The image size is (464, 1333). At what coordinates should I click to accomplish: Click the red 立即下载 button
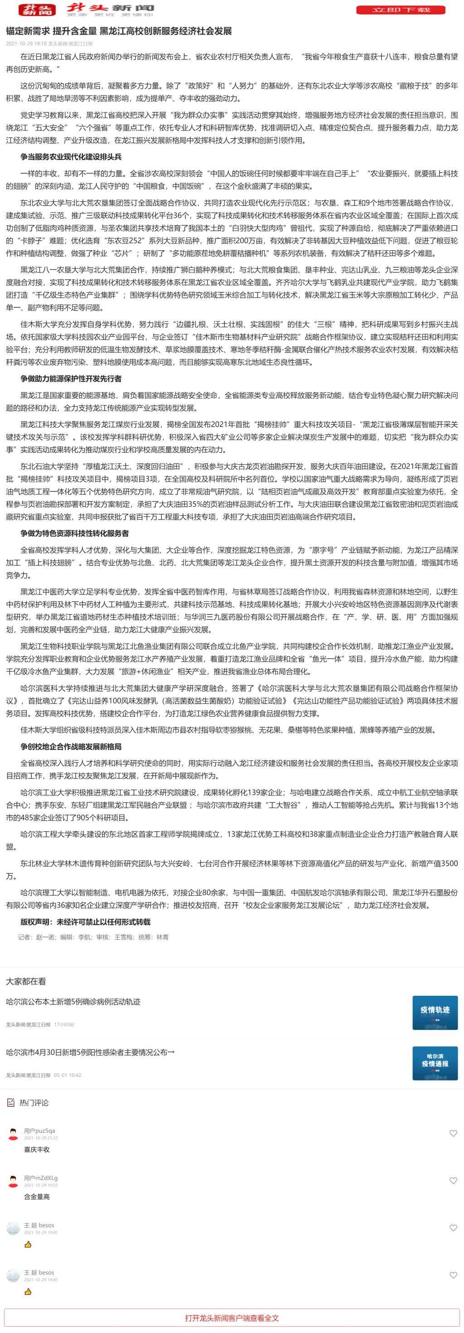(401, 10)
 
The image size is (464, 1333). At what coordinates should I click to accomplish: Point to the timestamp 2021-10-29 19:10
(26, 44)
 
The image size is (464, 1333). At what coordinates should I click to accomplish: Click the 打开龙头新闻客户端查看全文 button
(232, 1318)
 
